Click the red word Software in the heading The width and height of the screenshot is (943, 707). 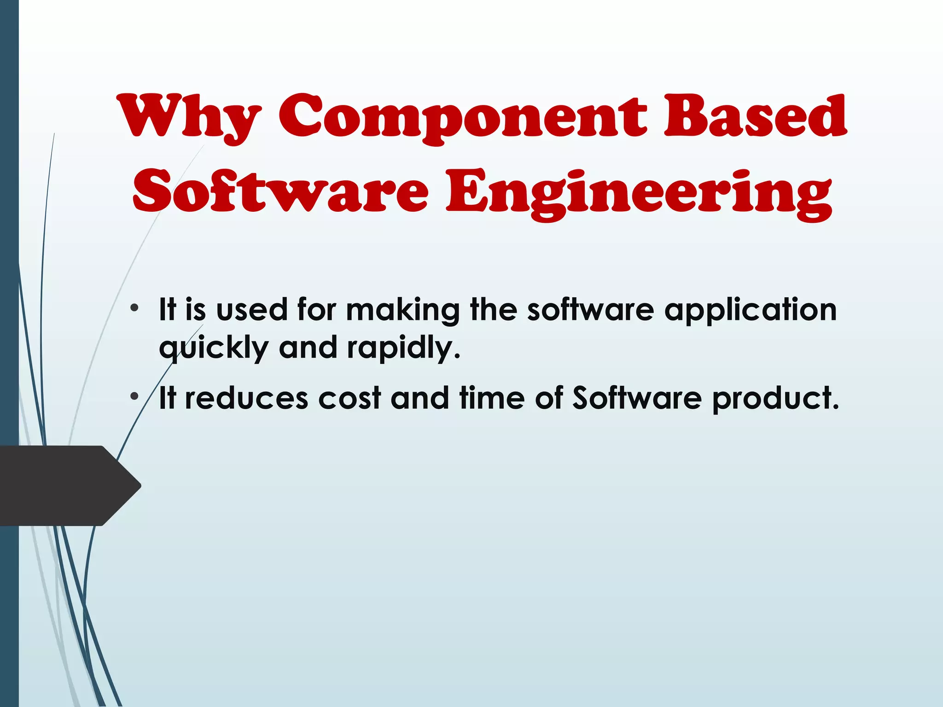click(x=280, y=191)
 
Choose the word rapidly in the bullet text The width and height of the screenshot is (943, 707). click(x=403, y=348)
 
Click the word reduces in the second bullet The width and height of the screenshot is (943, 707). click(x=246, y=398)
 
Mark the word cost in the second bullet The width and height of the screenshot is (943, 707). click(x=349, y=398)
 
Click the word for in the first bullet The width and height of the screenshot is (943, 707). click(x=317, y=309)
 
